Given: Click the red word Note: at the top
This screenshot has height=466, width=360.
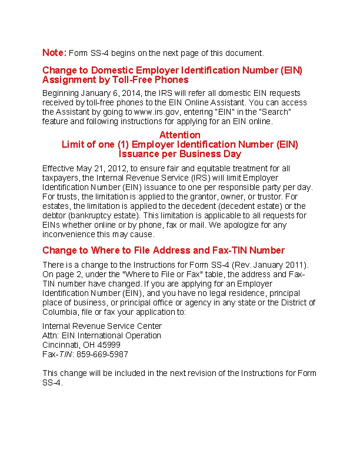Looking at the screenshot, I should [x=54, y=53].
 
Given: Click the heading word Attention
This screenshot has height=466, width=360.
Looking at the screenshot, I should [x=180, y=135].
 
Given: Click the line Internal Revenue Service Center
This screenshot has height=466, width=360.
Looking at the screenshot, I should [x=102, y=326].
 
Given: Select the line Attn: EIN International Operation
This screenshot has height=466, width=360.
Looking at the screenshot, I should [x=102, y=335].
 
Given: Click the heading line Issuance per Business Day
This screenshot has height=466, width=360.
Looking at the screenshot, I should [x=180, y=154].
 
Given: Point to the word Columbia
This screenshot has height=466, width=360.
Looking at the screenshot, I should [x=61, y=312].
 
